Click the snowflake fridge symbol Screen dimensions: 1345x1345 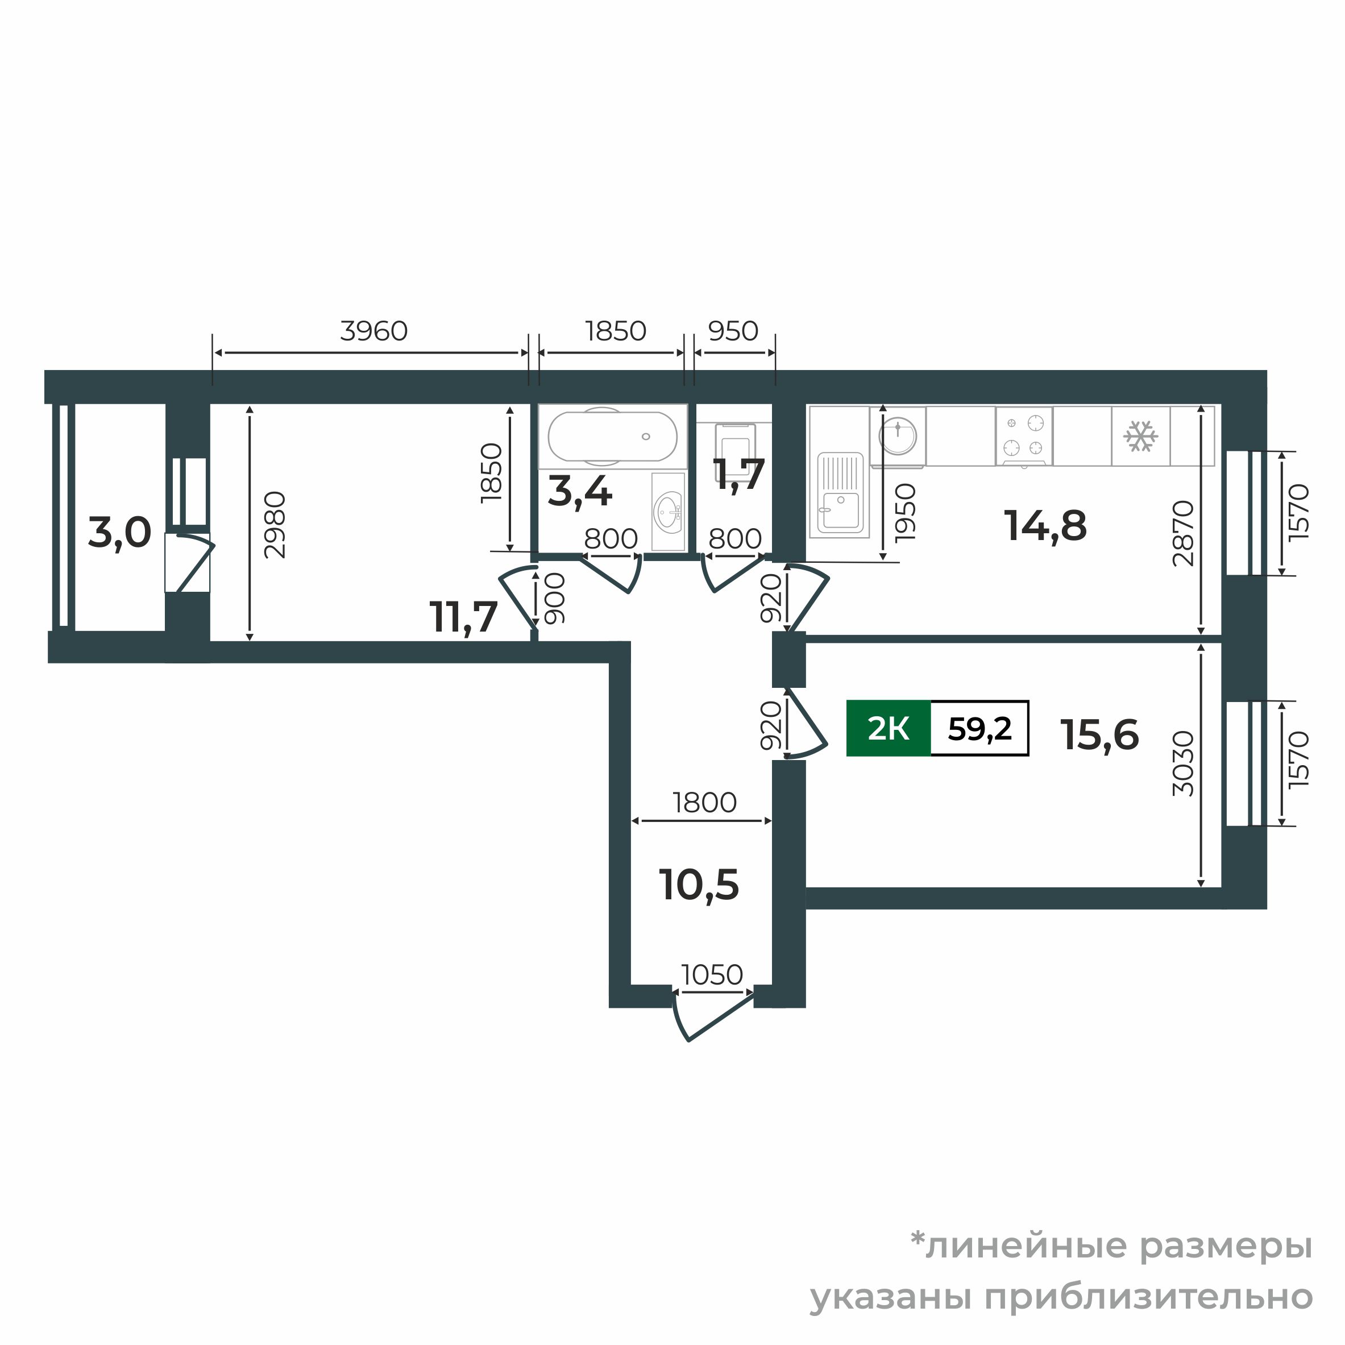point(1141,437)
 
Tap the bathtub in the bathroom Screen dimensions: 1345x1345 point(613,437)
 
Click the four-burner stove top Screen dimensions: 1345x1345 point(1024,436)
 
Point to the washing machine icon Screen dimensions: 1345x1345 point(898,437)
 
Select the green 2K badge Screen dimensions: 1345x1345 point(889,728)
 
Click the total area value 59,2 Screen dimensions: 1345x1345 point(979,728)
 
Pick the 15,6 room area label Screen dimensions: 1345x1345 point(1100,734)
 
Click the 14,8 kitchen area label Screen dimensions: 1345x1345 point(1045,526)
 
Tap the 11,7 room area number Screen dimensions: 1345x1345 point(464,617)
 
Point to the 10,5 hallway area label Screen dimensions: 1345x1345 point(699,885)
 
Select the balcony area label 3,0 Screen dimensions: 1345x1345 point(120,533)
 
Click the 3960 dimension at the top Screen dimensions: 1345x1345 point(374,331)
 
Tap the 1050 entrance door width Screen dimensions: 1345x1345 point(712,974)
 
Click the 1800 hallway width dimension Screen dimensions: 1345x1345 point(704,803)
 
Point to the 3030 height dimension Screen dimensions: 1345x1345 point(1184,763)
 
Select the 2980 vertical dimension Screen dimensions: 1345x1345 point(275,525)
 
